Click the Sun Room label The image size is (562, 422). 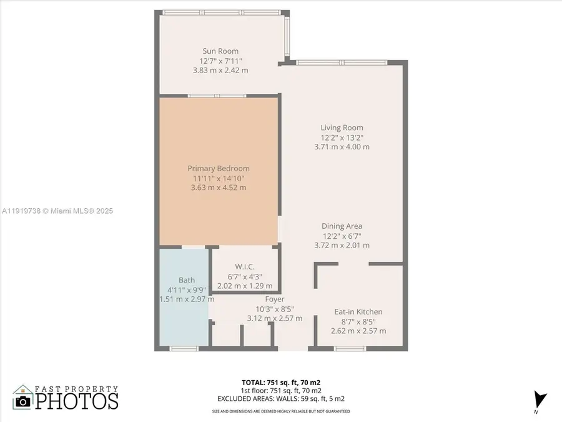point(220,51)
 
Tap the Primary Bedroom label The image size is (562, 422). point(219,168)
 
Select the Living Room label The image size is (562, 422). point(342,128)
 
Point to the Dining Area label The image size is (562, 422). point(342,226)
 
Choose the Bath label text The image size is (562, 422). point(187,280)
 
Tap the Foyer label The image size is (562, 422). point(275,299)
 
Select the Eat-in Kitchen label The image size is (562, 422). point(358,312)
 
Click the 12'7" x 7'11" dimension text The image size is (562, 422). point(220,61)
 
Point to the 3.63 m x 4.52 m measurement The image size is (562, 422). point(219,188)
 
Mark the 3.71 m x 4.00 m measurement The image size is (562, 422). point(342,147)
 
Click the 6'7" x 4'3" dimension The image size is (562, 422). point(243,276)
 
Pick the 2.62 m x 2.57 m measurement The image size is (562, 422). point(358,331)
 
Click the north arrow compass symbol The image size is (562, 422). point(540,399)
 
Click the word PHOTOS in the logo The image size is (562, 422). point(76,401)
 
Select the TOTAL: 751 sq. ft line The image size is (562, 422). point(281,381)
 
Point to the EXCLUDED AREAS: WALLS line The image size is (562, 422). point(281,398)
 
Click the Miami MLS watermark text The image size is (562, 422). point(57,211)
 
